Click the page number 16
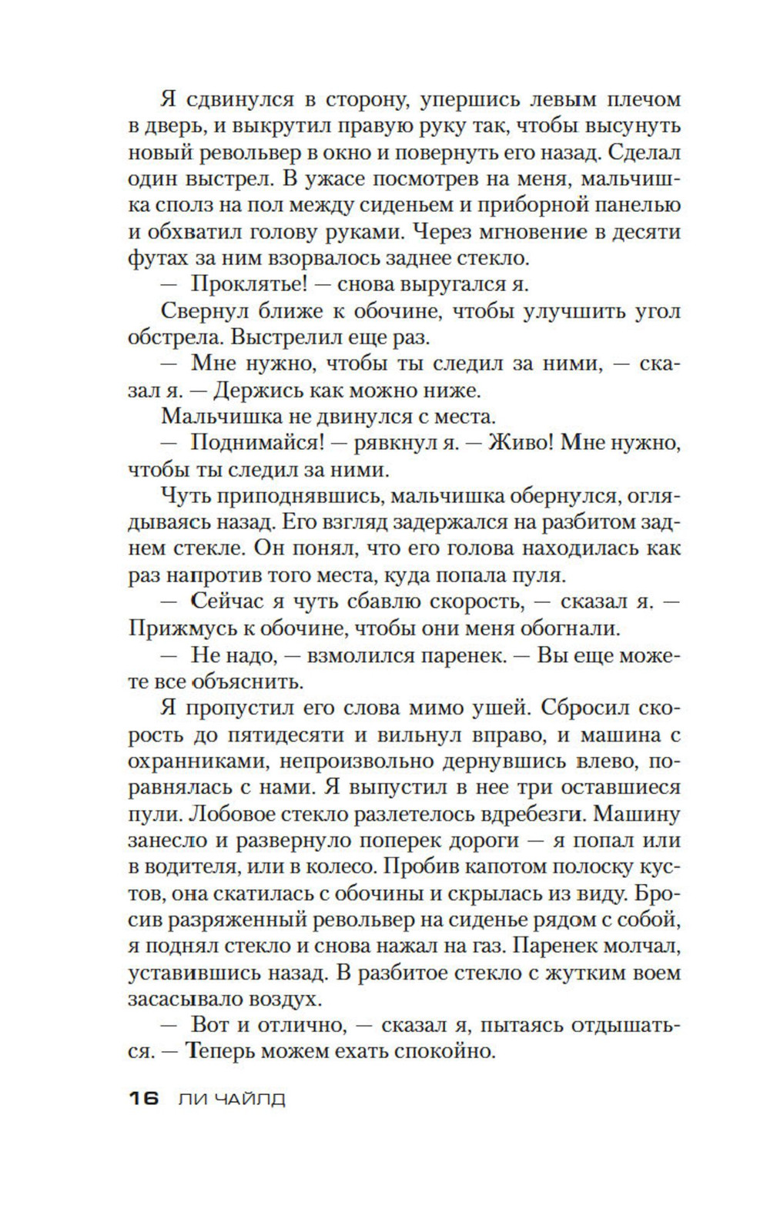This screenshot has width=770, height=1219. click(144, 1098)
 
